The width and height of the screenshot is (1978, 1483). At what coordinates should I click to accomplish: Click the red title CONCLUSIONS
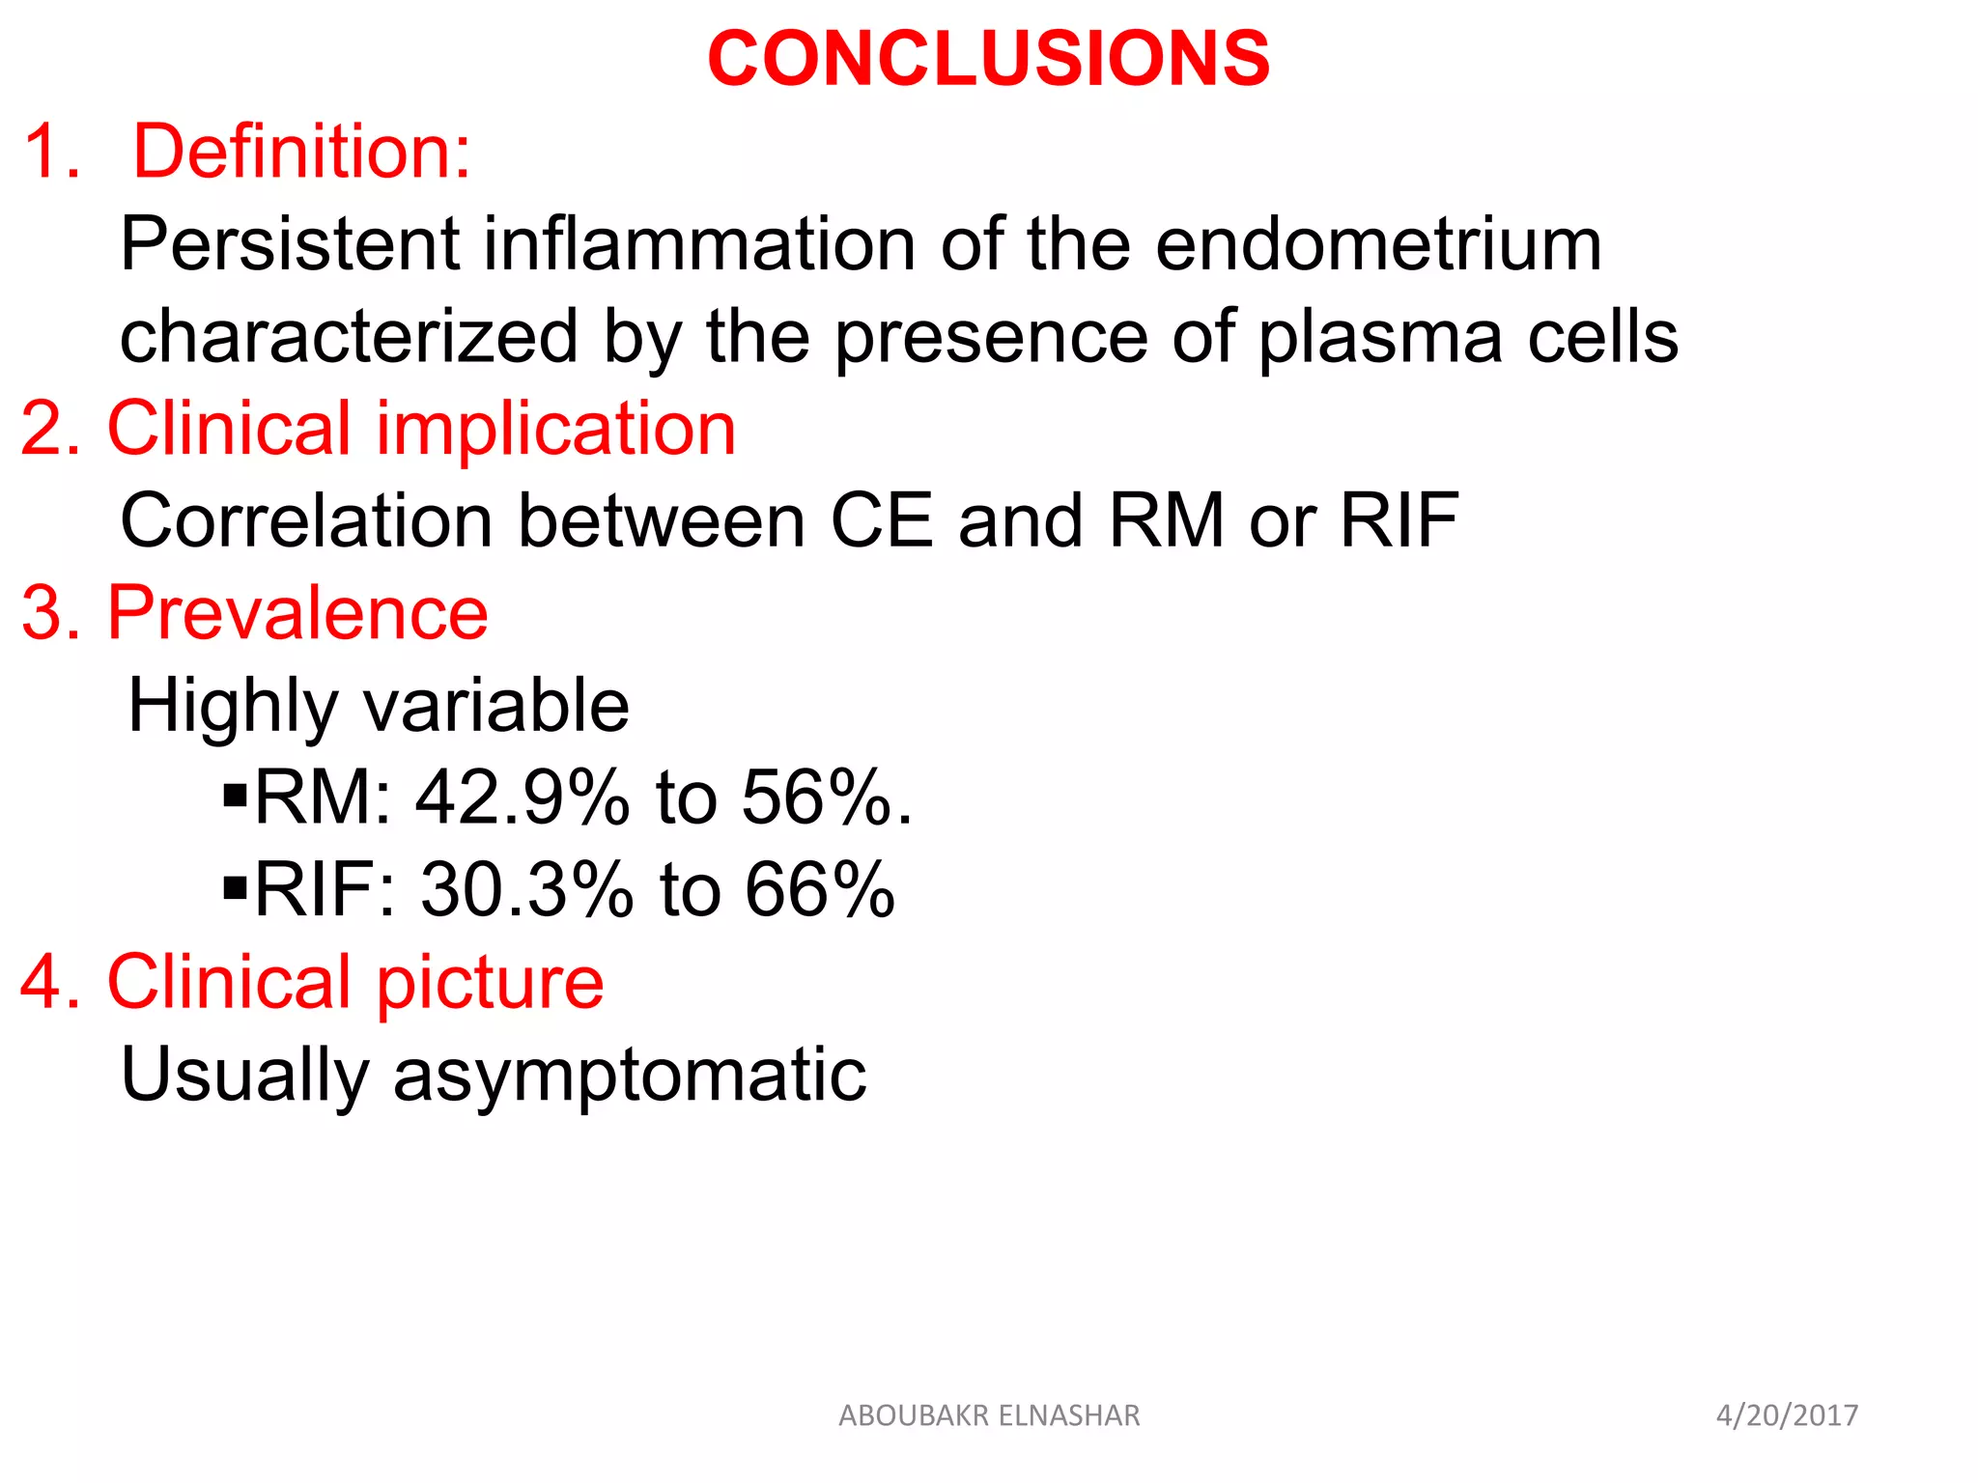pyautogui.click(x=988, y=60)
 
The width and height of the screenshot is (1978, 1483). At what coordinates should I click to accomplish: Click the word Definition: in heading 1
pyautogui.click(x=301, y=152)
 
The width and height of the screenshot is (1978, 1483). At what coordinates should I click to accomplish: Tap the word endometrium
pyautogui.click(x=1378, y=244)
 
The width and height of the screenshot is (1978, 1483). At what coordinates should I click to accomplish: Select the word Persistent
pyautogui.click(x=290, y=244)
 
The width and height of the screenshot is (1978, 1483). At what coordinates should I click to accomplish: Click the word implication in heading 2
pyautogui.click(x=555, y=429)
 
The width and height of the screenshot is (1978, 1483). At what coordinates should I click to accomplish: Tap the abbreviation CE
pyautogui.click(x=881, y=521)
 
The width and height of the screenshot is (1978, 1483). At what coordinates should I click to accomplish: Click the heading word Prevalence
pyautogui.click(x=297, y=613)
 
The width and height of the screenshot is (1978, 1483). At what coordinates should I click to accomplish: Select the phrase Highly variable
pyautogui.click(x=379, y=706)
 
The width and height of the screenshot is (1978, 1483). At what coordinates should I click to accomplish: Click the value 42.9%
pyautogui.click(x=523, y=798)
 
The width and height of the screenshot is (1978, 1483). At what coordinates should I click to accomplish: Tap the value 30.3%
pyautogui.click(x=526, y=890)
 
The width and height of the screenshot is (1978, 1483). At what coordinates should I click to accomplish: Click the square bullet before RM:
pyautogui.click(x=235, y=795)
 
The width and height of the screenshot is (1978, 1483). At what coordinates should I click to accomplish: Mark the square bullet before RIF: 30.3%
pyautogui.click(x=235, y=886)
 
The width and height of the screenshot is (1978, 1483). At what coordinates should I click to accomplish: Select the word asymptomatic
pyautogui.click(x=629, y=1075)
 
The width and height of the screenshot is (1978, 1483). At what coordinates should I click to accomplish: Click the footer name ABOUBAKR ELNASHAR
pyautogui.click(x=989, y=1415)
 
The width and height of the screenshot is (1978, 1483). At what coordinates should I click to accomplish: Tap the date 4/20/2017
pyautogui.click(x=1786, y=1415)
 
